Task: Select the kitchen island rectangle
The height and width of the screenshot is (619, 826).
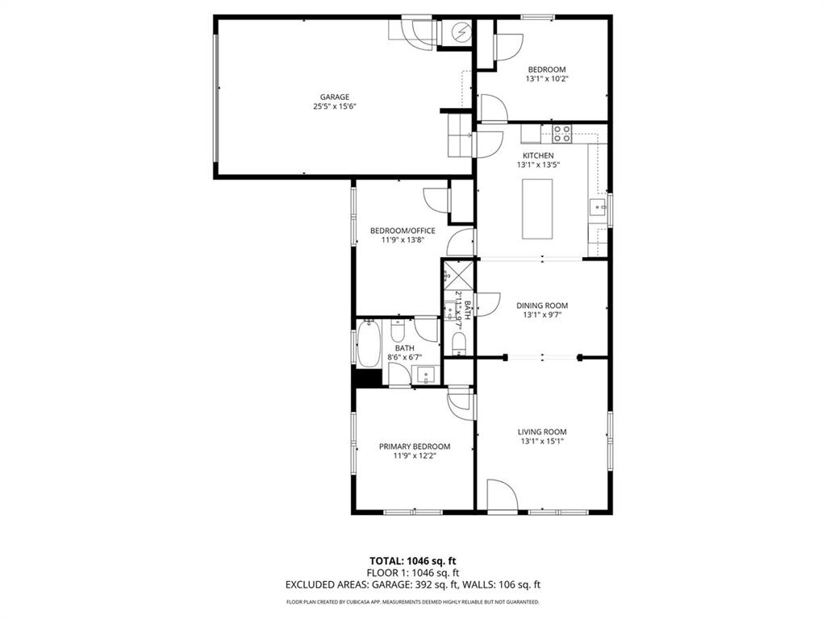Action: point(537,209)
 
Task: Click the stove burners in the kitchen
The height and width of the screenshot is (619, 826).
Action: point(562,132)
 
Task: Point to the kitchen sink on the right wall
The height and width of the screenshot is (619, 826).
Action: point(599,209)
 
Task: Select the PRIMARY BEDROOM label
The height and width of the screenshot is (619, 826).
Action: point(415,447)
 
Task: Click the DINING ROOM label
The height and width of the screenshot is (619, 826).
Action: point(542,305)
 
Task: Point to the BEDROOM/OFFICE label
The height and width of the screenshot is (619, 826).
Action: point(403,231)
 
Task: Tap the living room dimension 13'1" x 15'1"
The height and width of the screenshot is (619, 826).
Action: point(542,441)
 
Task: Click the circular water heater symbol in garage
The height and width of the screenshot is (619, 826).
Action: point(461,32)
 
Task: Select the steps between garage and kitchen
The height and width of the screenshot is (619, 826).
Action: point(458,135)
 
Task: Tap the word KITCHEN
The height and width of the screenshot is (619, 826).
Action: point(538,155)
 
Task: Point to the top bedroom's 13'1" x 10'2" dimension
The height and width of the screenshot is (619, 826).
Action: point(546,79)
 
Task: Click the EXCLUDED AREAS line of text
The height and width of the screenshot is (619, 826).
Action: point(412,584)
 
